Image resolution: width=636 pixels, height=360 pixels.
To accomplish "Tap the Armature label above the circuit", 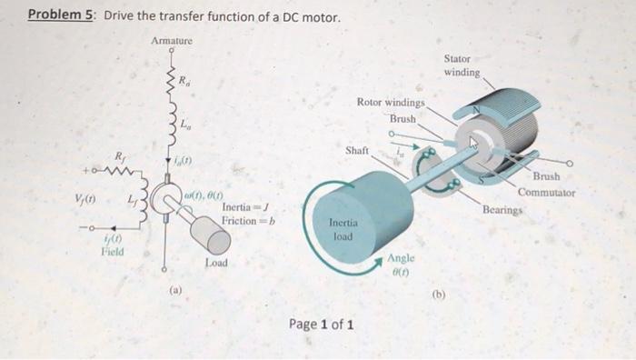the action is click(x=172, y=40).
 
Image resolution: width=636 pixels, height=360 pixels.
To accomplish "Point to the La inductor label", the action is click(x=185, y=123).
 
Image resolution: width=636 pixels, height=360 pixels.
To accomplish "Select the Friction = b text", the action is click(x=248, y=221).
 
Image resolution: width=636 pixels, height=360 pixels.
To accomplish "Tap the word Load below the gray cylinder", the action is click(x=215, y=265).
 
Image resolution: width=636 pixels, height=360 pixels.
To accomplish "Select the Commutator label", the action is click(x=547, y=193).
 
